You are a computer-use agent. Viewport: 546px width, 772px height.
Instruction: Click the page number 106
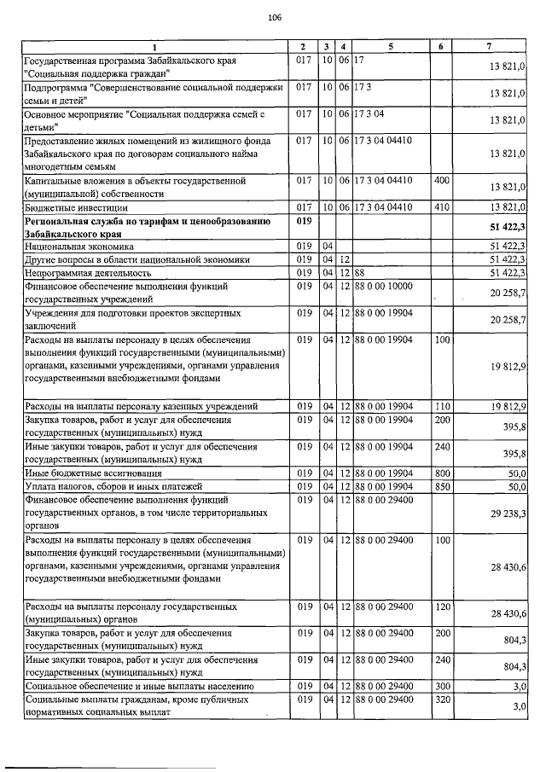[274, 17]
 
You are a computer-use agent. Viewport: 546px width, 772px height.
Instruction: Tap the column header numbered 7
[489, 45]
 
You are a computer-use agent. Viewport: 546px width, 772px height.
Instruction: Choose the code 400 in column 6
[441, 181]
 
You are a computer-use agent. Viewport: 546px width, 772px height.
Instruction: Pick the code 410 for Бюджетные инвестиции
[441, 206]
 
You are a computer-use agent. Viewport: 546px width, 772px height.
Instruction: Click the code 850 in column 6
[441, 486]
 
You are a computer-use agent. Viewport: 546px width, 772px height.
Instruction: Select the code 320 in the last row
[441, 699]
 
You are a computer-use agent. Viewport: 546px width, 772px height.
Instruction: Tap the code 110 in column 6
[441, 404]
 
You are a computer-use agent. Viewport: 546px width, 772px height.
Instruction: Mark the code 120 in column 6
[441, 606]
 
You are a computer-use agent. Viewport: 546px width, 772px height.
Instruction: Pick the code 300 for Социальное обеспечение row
[441, 685]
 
